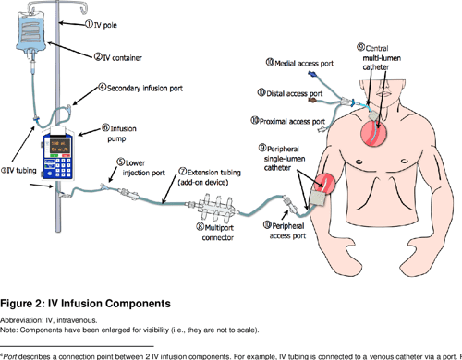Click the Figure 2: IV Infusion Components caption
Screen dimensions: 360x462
coord(86,303)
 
